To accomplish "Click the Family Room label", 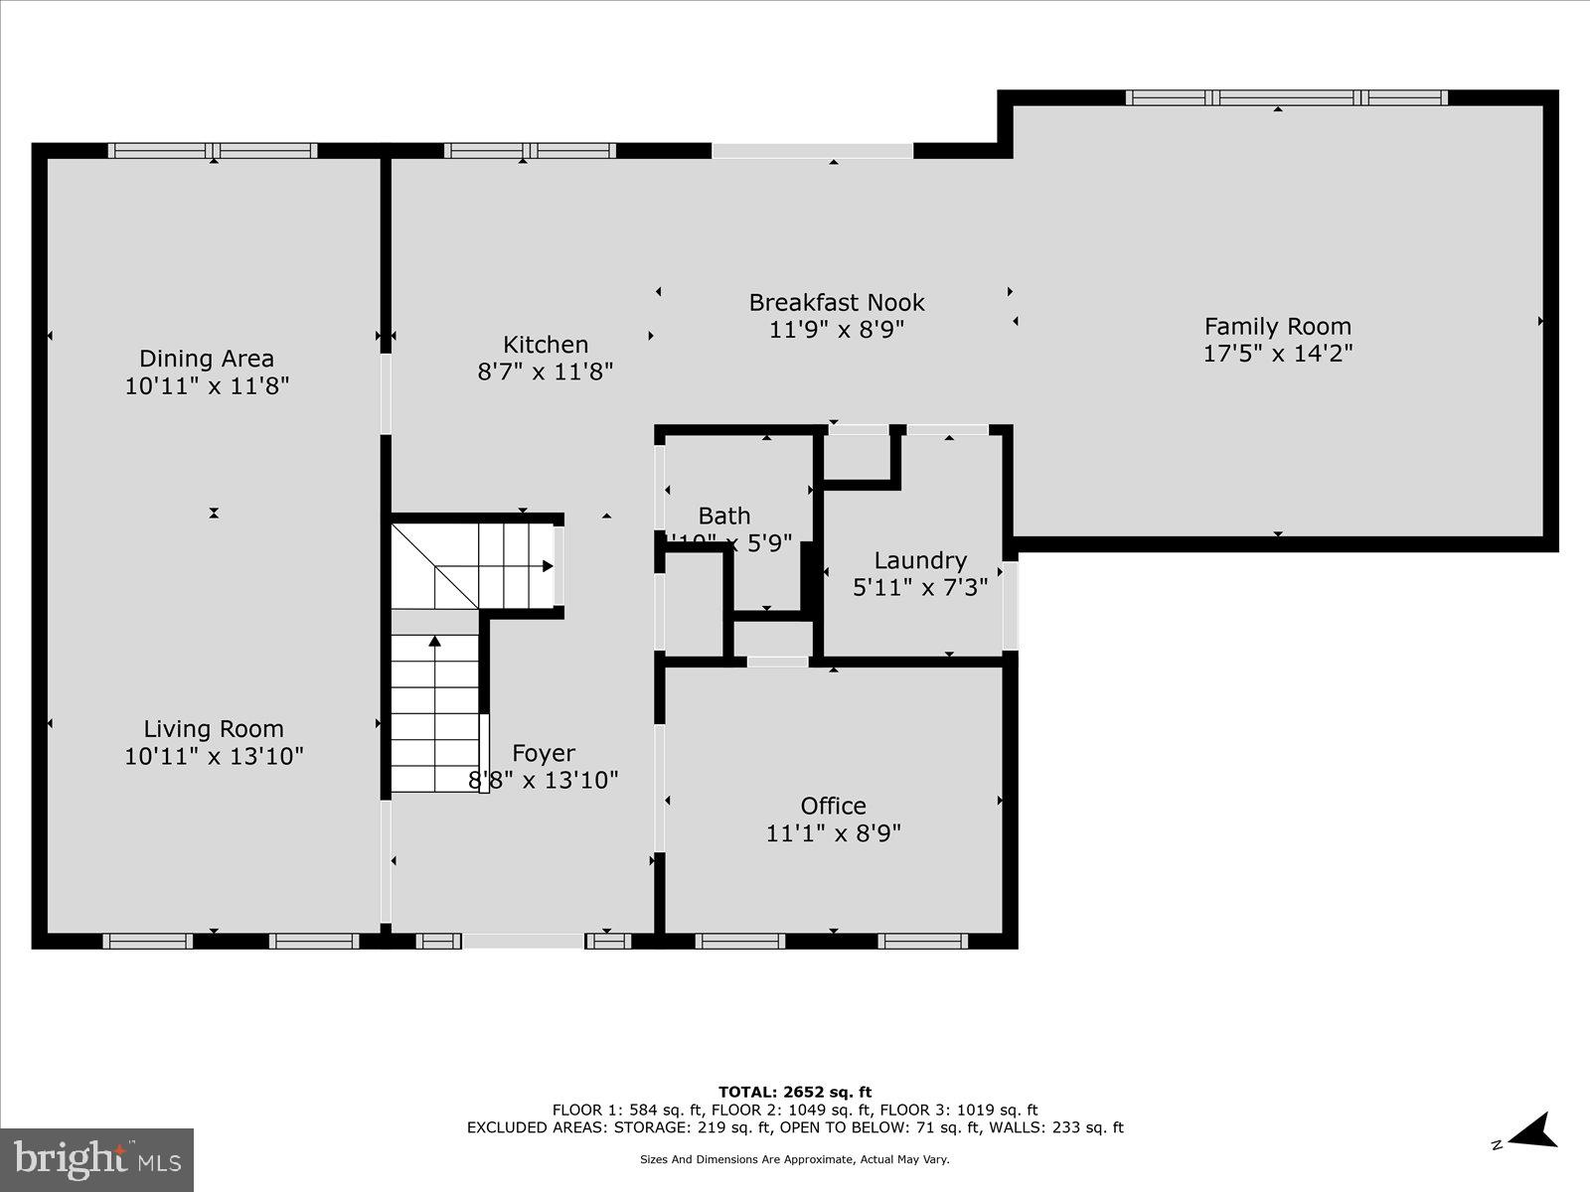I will click(1277, 326).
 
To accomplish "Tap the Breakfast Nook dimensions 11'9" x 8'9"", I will click(836, 329).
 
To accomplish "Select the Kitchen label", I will click(546, 345).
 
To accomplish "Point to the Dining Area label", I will click(206, 359).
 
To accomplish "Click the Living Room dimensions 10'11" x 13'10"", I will click(214, 756).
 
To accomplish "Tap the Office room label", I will click(833, 806).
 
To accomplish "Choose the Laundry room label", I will click(919, 560).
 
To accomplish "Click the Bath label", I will click(724, 516).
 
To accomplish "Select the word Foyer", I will click(543, 753).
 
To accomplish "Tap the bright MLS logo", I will click(96, 1159).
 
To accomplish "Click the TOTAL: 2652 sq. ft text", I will click(794, 1093).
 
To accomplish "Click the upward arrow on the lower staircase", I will click(434, 642).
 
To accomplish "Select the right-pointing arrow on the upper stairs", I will click(547, 566).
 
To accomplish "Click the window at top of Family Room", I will click(1286, 97).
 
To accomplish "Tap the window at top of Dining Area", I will click(213, 151).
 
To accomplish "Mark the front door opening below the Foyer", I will click(523, 941).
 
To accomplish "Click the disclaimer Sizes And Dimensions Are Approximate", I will click(794, 1159).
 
